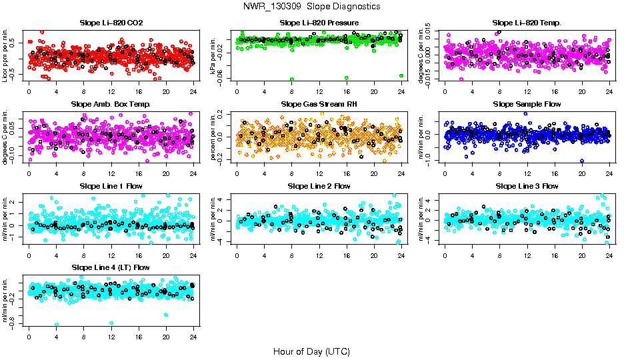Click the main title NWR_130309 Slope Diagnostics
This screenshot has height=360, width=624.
[312, 6]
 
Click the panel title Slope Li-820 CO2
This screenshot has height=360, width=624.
[111, 23]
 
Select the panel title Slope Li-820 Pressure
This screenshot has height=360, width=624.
[319, 23]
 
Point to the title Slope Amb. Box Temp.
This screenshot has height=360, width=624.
[111, 104]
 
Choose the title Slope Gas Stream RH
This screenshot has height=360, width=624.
[319, 104]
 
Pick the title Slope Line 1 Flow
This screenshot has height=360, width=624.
[111, 186]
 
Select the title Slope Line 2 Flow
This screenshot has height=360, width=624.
[319, 186]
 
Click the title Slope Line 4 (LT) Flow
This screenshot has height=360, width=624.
[111, 267]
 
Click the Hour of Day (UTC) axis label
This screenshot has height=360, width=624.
[311, 351]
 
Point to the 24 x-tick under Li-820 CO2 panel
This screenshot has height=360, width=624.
[193, 91]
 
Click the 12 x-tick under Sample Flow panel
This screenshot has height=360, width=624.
[527, 173]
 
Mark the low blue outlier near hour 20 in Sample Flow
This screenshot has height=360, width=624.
[582, 161]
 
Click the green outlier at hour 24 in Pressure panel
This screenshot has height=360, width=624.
[401, 76]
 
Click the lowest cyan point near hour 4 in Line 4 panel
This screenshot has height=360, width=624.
[57, 324]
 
